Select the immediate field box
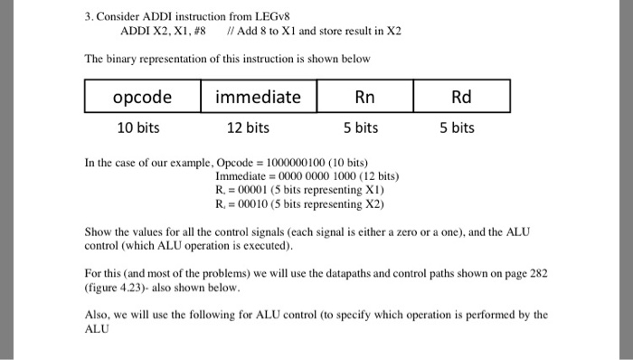258,96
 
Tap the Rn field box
360,96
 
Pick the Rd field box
461,96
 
